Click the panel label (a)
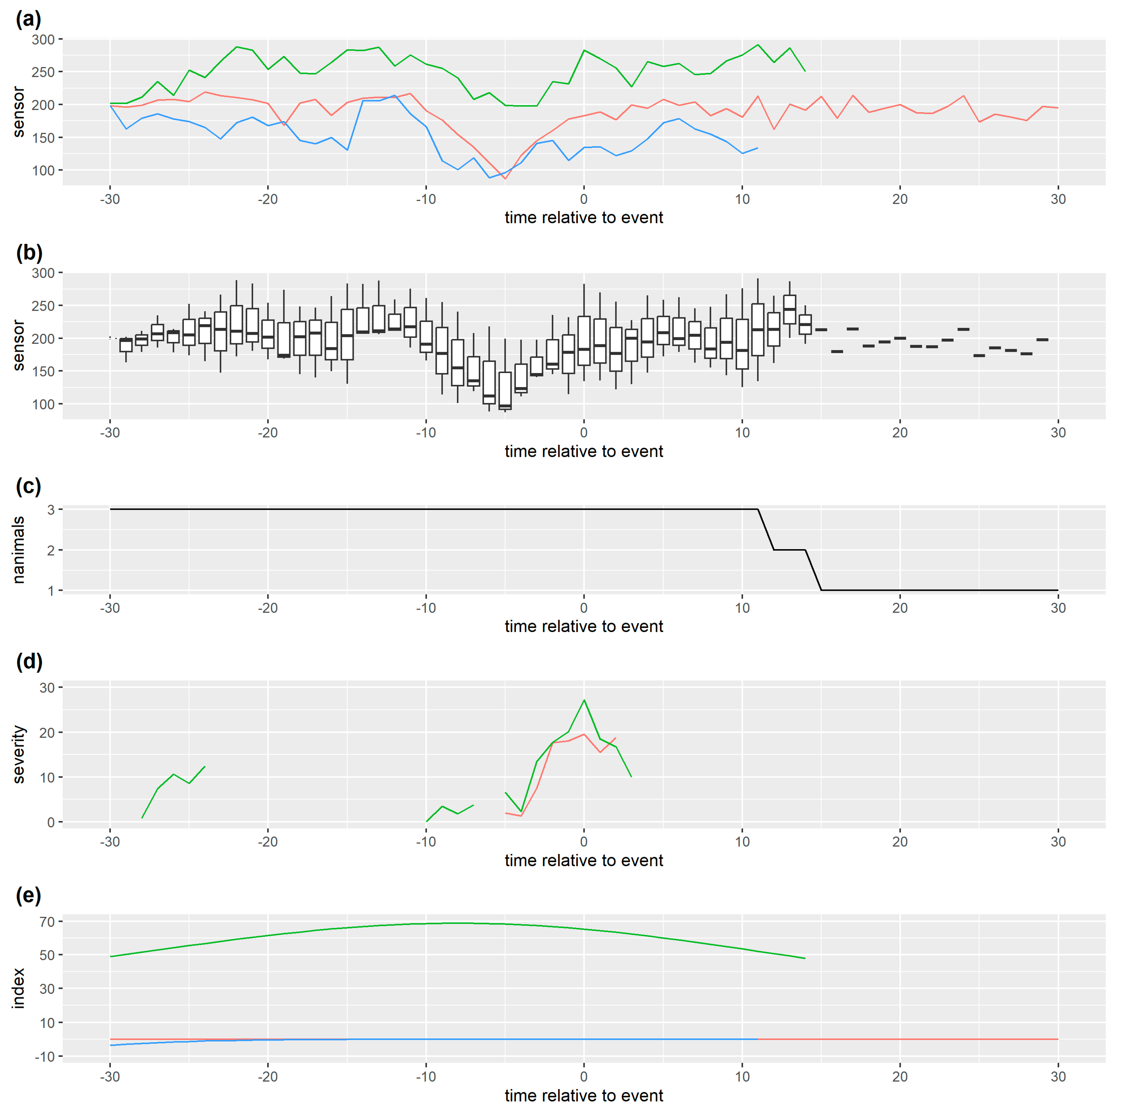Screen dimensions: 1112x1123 pyautogui.click(x=28, y=19)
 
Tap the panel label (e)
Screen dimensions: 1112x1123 pyautogui.click(x=28, y=895)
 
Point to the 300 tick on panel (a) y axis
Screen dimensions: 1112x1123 pyautogui.click(x=43, y=40)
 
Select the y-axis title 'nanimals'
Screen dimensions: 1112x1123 pyautogui.click(x=19, y=550)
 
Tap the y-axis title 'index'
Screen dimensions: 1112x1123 pyautogui.click(x=19, y=988)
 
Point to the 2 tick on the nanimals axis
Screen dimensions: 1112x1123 pyautogui.click(x=51, y=550)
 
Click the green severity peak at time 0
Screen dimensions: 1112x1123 pyautogui.click(x=584, y=700)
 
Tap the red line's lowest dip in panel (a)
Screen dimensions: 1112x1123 pyautogui.click(x=505, y=179)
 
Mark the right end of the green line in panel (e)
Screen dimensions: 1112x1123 pyautogui.click(x=804, y=959)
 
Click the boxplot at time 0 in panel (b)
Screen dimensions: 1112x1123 pyautogui.click(x=584, y=341)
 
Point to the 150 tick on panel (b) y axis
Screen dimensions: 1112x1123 pyautogui.click(x=43, y=371)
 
